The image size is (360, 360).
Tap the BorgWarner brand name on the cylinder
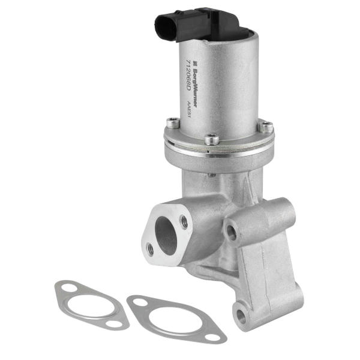(194, 86)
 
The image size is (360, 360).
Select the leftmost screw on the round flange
(173, 122)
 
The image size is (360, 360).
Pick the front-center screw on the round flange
(211, 139)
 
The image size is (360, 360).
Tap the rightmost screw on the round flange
(266, 127)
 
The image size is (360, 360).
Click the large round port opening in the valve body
(166, 236)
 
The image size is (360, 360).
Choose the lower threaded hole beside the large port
(150, 249)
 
